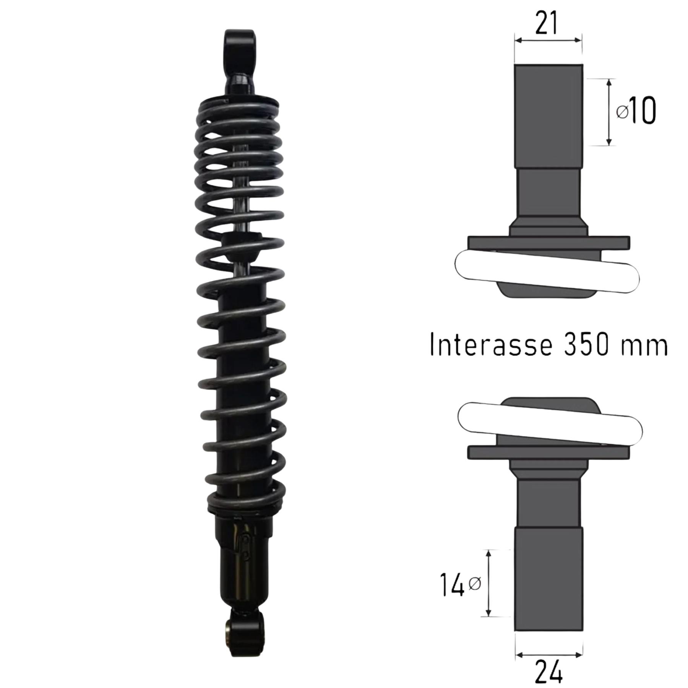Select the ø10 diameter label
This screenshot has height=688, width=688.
pyautogui.click(x=636, y=111)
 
